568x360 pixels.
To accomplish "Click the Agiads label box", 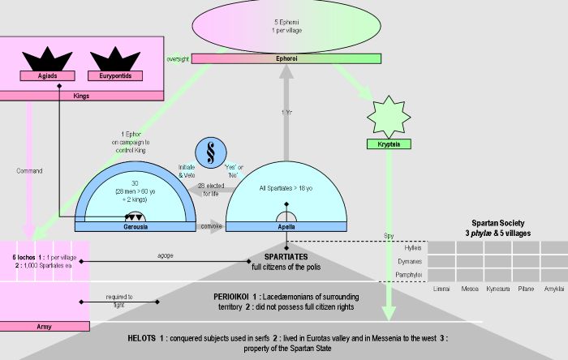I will pos(42,77).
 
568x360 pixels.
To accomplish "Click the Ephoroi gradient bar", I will pos(286,58).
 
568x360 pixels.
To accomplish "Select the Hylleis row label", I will pos(413,247).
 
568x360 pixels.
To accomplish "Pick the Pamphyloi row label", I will pos(410,276).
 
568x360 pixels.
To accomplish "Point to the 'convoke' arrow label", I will pos(213,226).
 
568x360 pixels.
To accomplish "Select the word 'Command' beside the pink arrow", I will pos(29,171).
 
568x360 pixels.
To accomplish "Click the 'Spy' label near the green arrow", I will pos(388,237).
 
